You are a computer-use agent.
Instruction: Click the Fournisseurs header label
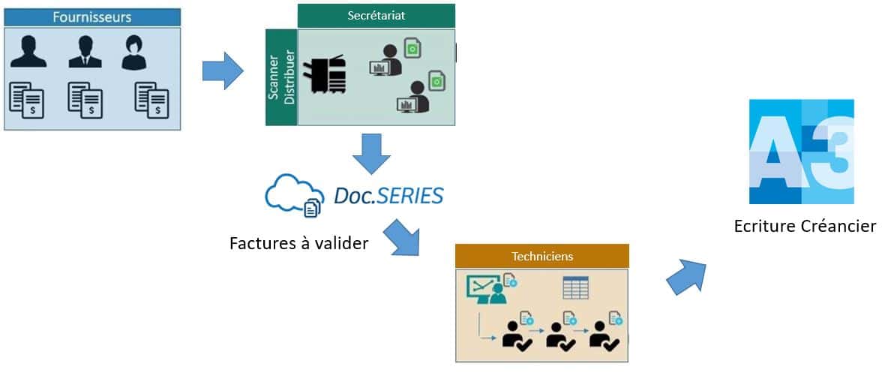pyautogui.click(x=91, y=17)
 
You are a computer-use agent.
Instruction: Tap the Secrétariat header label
pyautogui.click(x=376, y=16)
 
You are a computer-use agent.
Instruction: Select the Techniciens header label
pyautogui.click(x=541, y=256)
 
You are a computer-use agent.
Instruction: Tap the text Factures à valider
pyautogui.click(x=298, y=242)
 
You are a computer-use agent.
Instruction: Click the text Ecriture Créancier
pyautogui.click(x=805, y=225)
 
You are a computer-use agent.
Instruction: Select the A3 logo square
pyautogui.click(x=801, y=152)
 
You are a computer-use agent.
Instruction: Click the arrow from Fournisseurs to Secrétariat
pyautogui.click(x=222, y=71)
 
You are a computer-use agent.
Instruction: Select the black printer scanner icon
pyautogui.click(x=323, y=74)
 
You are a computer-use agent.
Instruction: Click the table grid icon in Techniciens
pyautogui.click(x=575, y=287)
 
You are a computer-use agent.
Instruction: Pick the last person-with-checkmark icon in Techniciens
pyautogui.click(x=604, y=335)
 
